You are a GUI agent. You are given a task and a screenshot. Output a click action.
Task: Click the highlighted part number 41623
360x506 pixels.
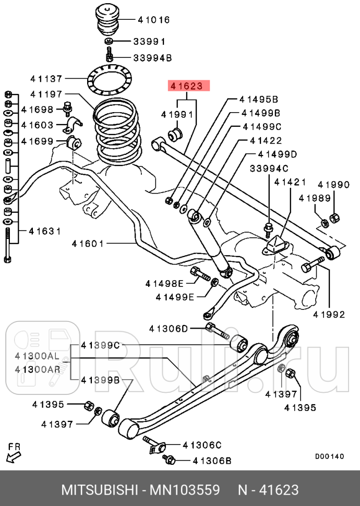[x=188, y=86]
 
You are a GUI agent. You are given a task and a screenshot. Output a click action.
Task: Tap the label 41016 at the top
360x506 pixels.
[x=153, y=20]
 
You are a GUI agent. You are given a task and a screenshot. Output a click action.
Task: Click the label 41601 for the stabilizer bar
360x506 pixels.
[x=88, y=243]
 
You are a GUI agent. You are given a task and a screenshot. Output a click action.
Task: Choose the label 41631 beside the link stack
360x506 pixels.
[x=44, y=231]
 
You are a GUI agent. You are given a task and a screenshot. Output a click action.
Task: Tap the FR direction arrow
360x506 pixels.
[x=14, y=453]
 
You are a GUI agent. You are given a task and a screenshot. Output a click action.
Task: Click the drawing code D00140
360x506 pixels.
[x=329, y=456]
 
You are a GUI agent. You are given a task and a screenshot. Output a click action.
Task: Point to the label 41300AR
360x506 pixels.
[x=37, y=369]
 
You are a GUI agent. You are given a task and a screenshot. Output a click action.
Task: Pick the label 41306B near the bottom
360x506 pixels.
[x=212, y=461]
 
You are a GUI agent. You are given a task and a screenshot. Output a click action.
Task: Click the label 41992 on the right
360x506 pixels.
[x=329, y=314]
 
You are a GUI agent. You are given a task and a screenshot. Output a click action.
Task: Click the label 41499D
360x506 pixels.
[x=277, y=154]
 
